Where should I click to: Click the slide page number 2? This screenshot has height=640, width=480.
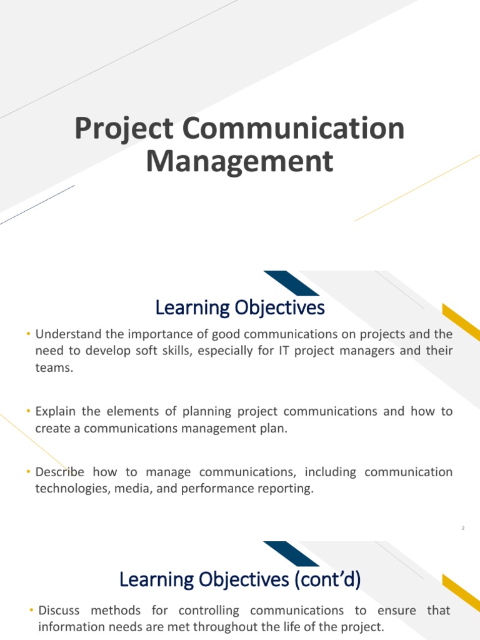[x=462, y=529]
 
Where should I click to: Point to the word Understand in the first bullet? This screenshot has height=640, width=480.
[x=67, y=335]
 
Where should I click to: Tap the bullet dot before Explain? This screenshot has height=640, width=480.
[x=29, y=412]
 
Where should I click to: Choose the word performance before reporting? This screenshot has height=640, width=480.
[x=216, y=489]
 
